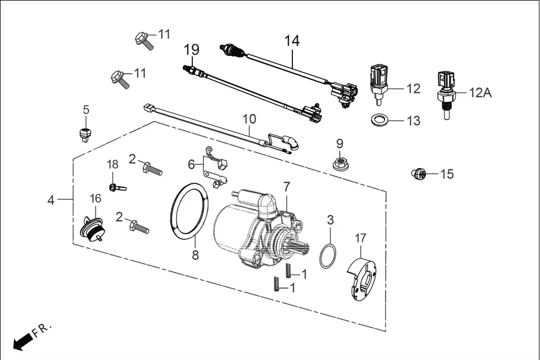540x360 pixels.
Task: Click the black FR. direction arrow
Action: pos(23,343)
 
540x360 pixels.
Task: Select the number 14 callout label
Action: pos(292,41)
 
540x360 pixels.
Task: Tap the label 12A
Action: pos(480,93)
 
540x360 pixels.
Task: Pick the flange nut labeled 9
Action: pos(339,163)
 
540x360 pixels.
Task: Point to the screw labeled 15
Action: pos(419,173)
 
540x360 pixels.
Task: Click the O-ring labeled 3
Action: pos(327,255)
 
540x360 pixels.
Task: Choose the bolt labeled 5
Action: pos(84,134)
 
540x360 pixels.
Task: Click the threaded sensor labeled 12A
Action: pos(447,94)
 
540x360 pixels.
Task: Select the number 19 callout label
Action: pos(191,50)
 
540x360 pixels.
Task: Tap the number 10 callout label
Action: pos(249,119)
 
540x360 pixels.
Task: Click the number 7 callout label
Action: pos(287,187)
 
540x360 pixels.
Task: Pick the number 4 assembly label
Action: pos(51,200)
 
